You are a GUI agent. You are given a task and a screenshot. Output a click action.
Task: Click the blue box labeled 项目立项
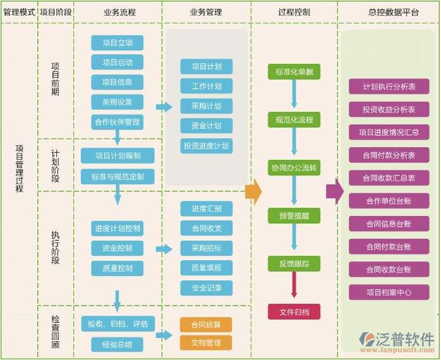118,42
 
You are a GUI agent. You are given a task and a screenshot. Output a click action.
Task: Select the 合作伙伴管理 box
118,122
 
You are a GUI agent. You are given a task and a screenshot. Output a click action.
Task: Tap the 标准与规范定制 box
118,176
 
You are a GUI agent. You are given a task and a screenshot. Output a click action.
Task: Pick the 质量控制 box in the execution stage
118,268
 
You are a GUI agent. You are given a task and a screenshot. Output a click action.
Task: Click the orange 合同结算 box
206,325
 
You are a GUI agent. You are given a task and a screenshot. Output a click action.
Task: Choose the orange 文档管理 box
206,343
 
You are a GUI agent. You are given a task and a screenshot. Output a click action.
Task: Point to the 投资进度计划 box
206,146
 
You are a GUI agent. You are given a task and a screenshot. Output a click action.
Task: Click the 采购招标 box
206,248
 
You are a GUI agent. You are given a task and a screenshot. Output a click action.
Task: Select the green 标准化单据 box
294,71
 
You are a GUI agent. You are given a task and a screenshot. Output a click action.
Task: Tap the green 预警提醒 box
294,216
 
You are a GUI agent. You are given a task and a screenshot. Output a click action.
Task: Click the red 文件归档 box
294,311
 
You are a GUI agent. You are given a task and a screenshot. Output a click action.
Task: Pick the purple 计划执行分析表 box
389,87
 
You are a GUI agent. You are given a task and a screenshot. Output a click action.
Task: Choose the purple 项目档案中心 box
389,292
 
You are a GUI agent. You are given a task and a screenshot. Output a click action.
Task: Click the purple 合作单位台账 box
389,201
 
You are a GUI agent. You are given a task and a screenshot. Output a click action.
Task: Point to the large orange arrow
253,191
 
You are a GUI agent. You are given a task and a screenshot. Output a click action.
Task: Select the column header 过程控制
294,12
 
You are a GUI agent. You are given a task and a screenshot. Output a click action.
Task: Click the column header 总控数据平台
389,12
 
